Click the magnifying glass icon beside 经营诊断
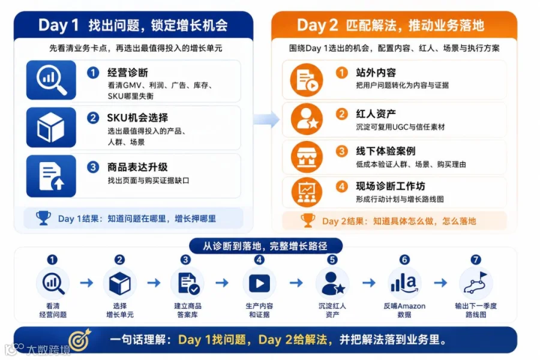click(52, 80)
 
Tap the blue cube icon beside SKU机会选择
click(51, 127)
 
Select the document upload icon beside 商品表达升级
click(52, 176)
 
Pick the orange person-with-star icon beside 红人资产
click(307, 119)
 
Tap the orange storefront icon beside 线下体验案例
click(307, 157)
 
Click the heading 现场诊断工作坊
click(391, 187)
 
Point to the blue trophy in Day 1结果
click(43, 218)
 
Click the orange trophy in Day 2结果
click(308, 220)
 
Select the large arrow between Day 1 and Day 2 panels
click(266, 119)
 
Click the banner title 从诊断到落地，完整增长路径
click(265, 246)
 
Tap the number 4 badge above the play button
click(259, 259)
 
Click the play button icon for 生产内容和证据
click(259, 284)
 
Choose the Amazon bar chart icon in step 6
click(404, 284)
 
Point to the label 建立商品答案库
click(188, 310)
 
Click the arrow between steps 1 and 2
click(86, 283)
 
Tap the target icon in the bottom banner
click(80, 340)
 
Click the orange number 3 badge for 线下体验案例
click(341, 151)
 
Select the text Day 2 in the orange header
click(317, 25)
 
